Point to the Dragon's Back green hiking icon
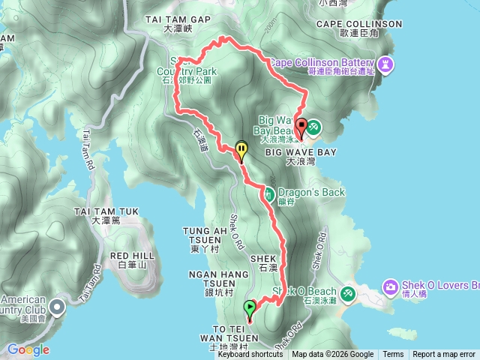tap(268, 193)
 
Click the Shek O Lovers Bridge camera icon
tap(390, 286)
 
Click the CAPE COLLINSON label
tap(359, 24)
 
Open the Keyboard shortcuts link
tap(250, 355)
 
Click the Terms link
tap(393, 355)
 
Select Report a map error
tap(444, 355)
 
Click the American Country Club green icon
tap(56, 304)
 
